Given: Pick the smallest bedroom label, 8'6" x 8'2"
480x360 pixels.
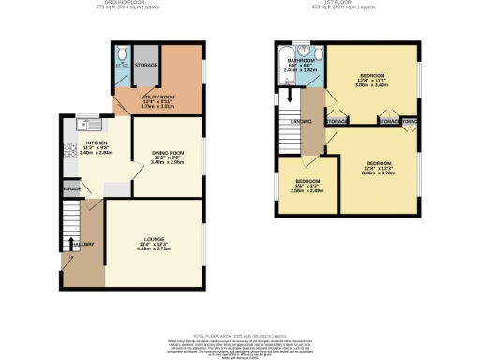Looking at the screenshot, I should pos(308,180).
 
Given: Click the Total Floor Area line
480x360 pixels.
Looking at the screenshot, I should pos(240,333).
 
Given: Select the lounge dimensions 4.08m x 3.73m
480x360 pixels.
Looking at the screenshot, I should pos(152,248).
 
